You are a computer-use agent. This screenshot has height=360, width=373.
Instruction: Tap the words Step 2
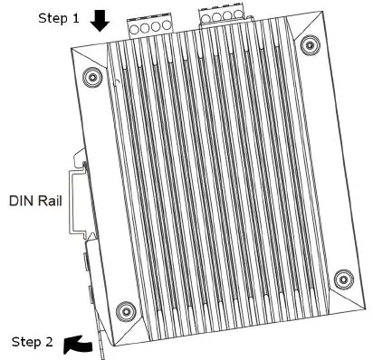(31, 342)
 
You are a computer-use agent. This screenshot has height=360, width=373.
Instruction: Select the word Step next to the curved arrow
(24, 342)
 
